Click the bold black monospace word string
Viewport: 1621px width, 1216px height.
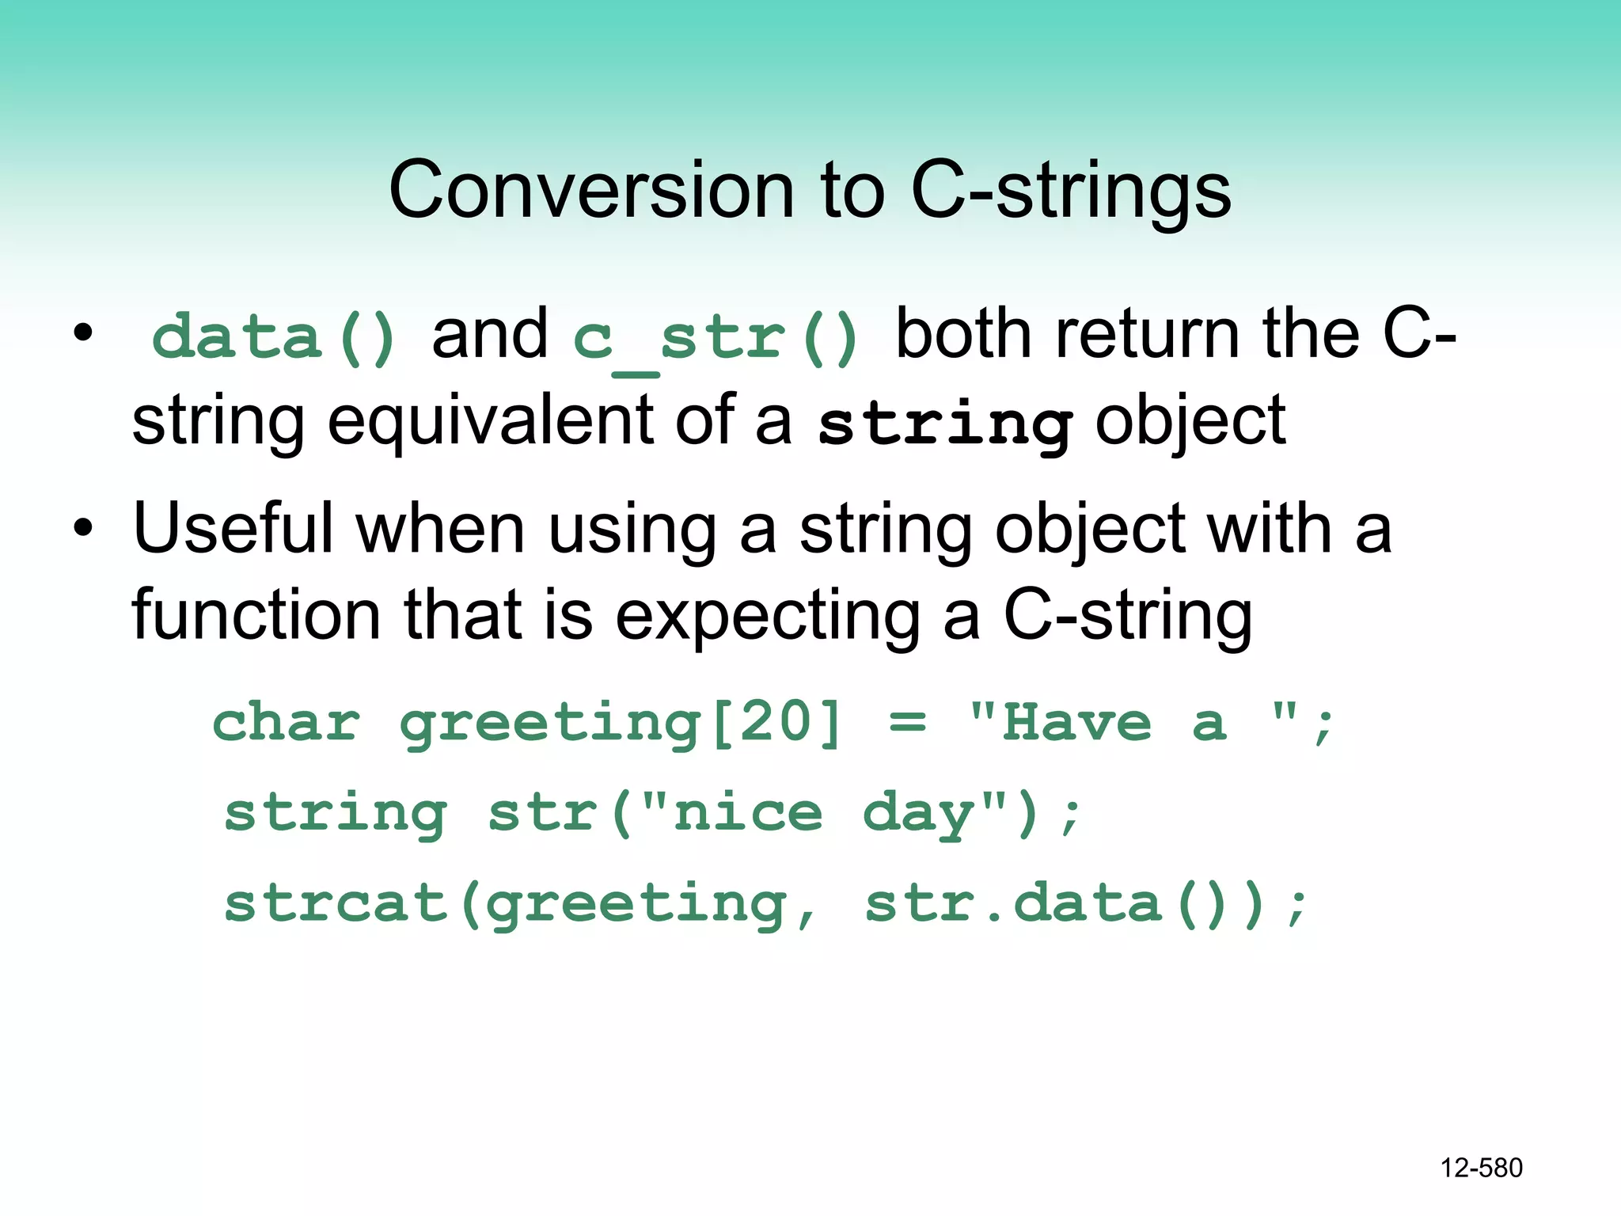tap(945, 424)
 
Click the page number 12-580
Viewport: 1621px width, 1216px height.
tap(1481, 1168)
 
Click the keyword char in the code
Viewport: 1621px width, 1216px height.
tap(287, 722)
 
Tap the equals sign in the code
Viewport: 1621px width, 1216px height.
tap(907, 722)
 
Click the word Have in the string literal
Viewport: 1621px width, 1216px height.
tap(1076, 722)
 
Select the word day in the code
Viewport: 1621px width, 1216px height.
tap(919, 814)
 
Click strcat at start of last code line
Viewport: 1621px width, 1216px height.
tap(336, 903)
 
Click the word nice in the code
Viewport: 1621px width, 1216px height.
tap(748, 814)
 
